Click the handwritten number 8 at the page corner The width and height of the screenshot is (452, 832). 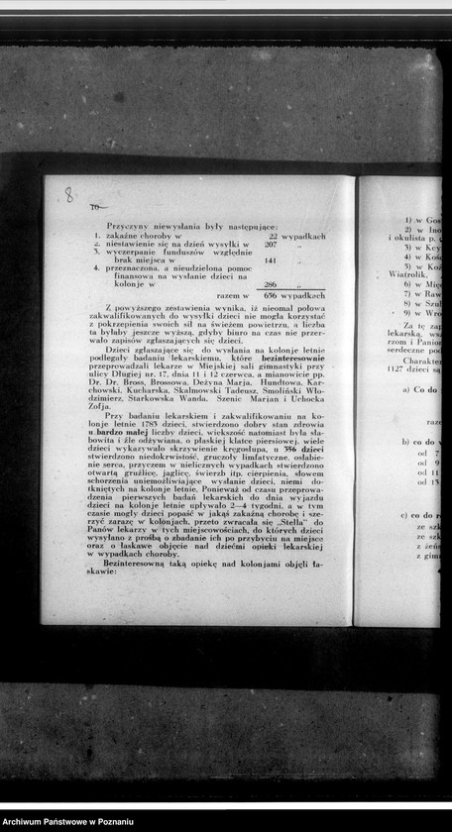(x=68, y=194)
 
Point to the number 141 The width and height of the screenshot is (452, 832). (x=270, y=260)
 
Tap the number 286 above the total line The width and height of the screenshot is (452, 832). (x=270, y=284)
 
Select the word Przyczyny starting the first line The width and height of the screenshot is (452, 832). (x=124, y=227)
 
